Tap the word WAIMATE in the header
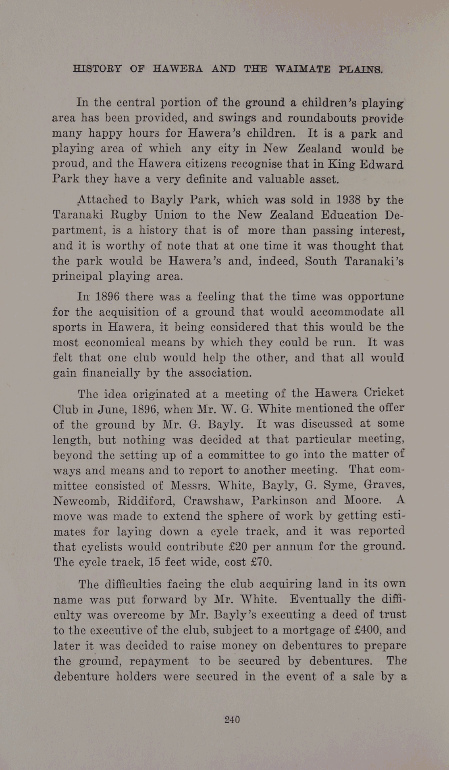[x=302, y=69]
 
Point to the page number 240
[x=233, y=719]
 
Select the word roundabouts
[x=320, y=119]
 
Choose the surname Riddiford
[x=146, y=501]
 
